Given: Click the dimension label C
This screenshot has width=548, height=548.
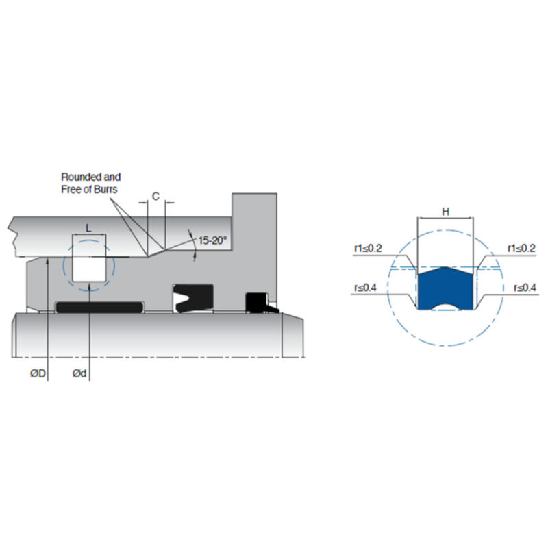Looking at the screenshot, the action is coord(156,197).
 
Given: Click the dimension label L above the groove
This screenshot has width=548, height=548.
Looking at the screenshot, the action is coord(89,229).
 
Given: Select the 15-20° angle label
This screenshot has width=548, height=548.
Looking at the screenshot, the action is coord(212,240).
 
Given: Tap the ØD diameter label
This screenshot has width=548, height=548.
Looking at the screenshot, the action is coord(38,373).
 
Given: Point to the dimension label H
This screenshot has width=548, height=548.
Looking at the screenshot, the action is coord(446,212).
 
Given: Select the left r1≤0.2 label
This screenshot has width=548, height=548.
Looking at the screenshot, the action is coord(368,249).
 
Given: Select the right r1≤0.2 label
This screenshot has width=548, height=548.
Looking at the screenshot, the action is coord(521,248).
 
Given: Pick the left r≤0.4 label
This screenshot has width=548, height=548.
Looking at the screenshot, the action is coord(365,288).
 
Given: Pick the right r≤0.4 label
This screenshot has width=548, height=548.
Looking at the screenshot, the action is coord(525,288).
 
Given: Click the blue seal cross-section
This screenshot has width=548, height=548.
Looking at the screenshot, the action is coord(446,286).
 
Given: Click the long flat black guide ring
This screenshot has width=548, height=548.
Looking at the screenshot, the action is coord(99,307).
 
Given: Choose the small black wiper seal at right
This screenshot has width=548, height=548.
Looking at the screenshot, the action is coord(258,302).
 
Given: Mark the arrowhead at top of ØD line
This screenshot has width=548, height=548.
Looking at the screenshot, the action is coord(47,260).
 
